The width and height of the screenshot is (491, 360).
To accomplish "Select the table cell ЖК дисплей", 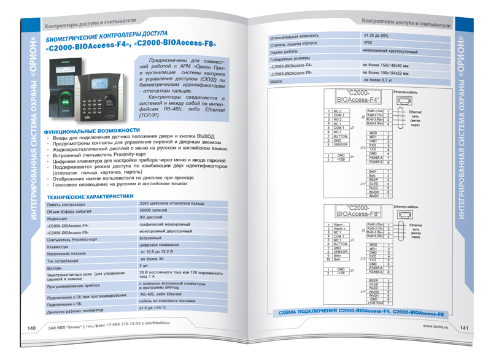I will click(x=152, y=218).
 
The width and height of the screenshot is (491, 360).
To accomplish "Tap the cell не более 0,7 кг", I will click(x=378, y=80).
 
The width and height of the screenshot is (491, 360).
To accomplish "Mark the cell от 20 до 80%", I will click(x=376, y=36).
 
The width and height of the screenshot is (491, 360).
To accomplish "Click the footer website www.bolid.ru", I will click(x=436, y=326).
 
